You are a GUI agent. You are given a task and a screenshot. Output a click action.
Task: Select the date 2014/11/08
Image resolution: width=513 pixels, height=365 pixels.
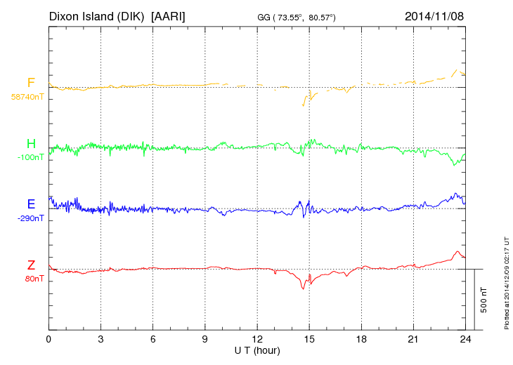coord(434,15)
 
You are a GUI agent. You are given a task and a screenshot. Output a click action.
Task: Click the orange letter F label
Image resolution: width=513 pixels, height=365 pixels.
coord(31,84)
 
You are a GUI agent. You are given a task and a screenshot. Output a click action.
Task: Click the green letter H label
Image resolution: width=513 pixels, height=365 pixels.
coord(31,144)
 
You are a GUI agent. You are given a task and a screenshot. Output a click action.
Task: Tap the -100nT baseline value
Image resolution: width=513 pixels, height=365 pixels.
coord(30,157)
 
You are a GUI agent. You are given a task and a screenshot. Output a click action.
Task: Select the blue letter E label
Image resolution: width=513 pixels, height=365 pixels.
coord(31,204)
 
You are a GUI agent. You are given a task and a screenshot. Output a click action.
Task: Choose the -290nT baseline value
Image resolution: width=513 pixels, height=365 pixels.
coord(30,218)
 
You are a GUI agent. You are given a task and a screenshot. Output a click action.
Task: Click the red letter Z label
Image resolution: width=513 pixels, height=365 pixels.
coord(31,265)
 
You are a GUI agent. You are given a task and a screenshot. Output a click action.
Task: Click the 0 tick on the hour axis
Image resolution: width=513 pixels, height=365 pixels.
coord(48,339)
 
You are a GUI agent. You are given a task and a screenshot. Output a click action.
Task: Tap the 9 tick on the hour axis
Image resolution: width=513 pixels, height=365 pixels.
coord(205,339)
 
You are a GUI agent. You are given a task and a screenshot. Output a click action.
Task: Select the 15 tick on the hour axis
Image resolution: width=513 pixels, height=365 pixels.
coord(309,339)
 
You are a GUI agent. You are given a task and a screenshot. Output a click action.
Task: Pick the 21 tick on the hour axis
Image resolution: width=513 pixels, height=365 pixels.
coord(414,339)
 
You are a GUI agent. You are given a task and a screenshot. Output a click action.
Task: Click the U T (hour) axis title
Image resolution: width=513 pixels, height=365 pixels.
coord(257,350)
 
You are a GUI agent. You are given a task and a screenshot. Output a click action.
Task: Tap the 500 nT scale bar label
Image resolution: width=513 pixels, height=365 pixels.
coord(484,300)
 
